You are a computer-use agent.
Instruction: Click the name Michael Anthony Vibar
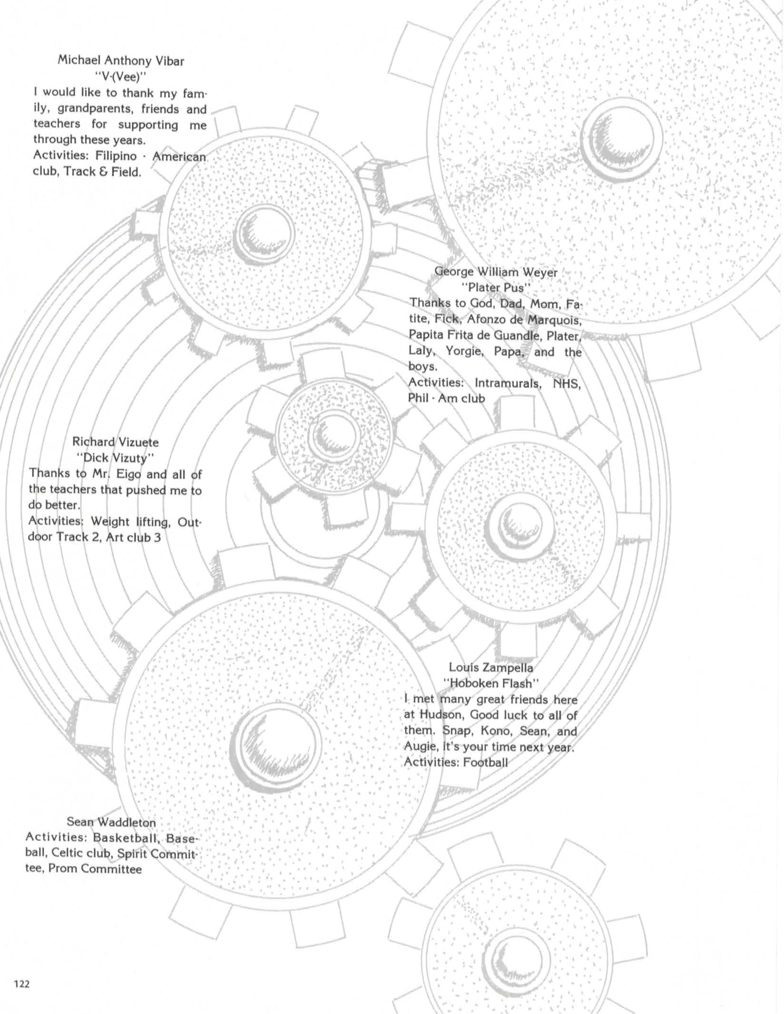coord(121,60)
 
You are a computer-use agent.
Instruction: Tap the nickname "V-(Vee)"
coord(121,76)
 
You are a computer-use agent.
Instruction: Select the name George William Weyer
coord(496,272)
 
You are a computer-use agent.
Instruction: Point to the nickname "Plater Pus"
coord(496,287)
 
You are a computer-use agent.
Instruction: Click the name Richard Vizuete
coord(115,442)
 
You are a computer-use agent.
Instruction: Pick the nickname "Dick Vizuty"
coord(115,458)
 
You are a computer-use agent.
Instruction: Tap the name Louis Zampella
coord(491,668)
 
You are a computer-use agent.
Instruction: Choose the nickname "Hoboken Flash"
coord(491,683)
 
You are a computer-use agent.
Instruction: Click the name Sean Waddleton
coord(111,822)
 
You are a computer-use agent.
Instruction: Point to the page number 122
coord(21,984)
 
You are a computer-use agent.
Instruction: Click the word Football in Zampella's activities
coord(485,762)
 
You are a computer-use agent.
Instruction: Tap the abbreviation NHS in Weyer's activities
coord(566,383)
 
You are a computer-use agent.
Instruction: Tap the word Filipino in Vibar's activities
coord(116,156)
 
